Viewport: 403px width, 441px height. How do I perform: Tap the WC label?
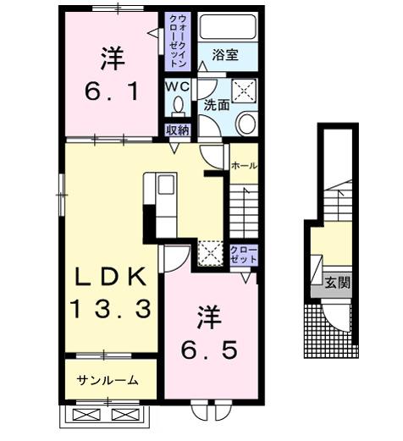(x=177, y=86)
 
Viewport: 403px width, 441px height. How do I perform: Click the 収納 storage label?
(x=177, y=130)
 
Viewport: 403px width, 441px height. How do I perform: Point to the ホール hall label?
(x=244, y=166)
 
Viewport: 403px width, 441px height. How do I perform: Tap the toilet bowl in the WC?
(x=178, y=106)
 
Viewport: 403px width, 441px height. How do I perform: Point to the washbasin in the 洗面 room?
(x=245, y=124)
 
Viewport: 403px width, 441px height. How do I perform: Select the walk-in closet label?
(x=178, y=41)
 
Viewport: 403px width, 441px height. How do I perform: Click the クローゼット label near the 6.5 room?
(x=242, y=253)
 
